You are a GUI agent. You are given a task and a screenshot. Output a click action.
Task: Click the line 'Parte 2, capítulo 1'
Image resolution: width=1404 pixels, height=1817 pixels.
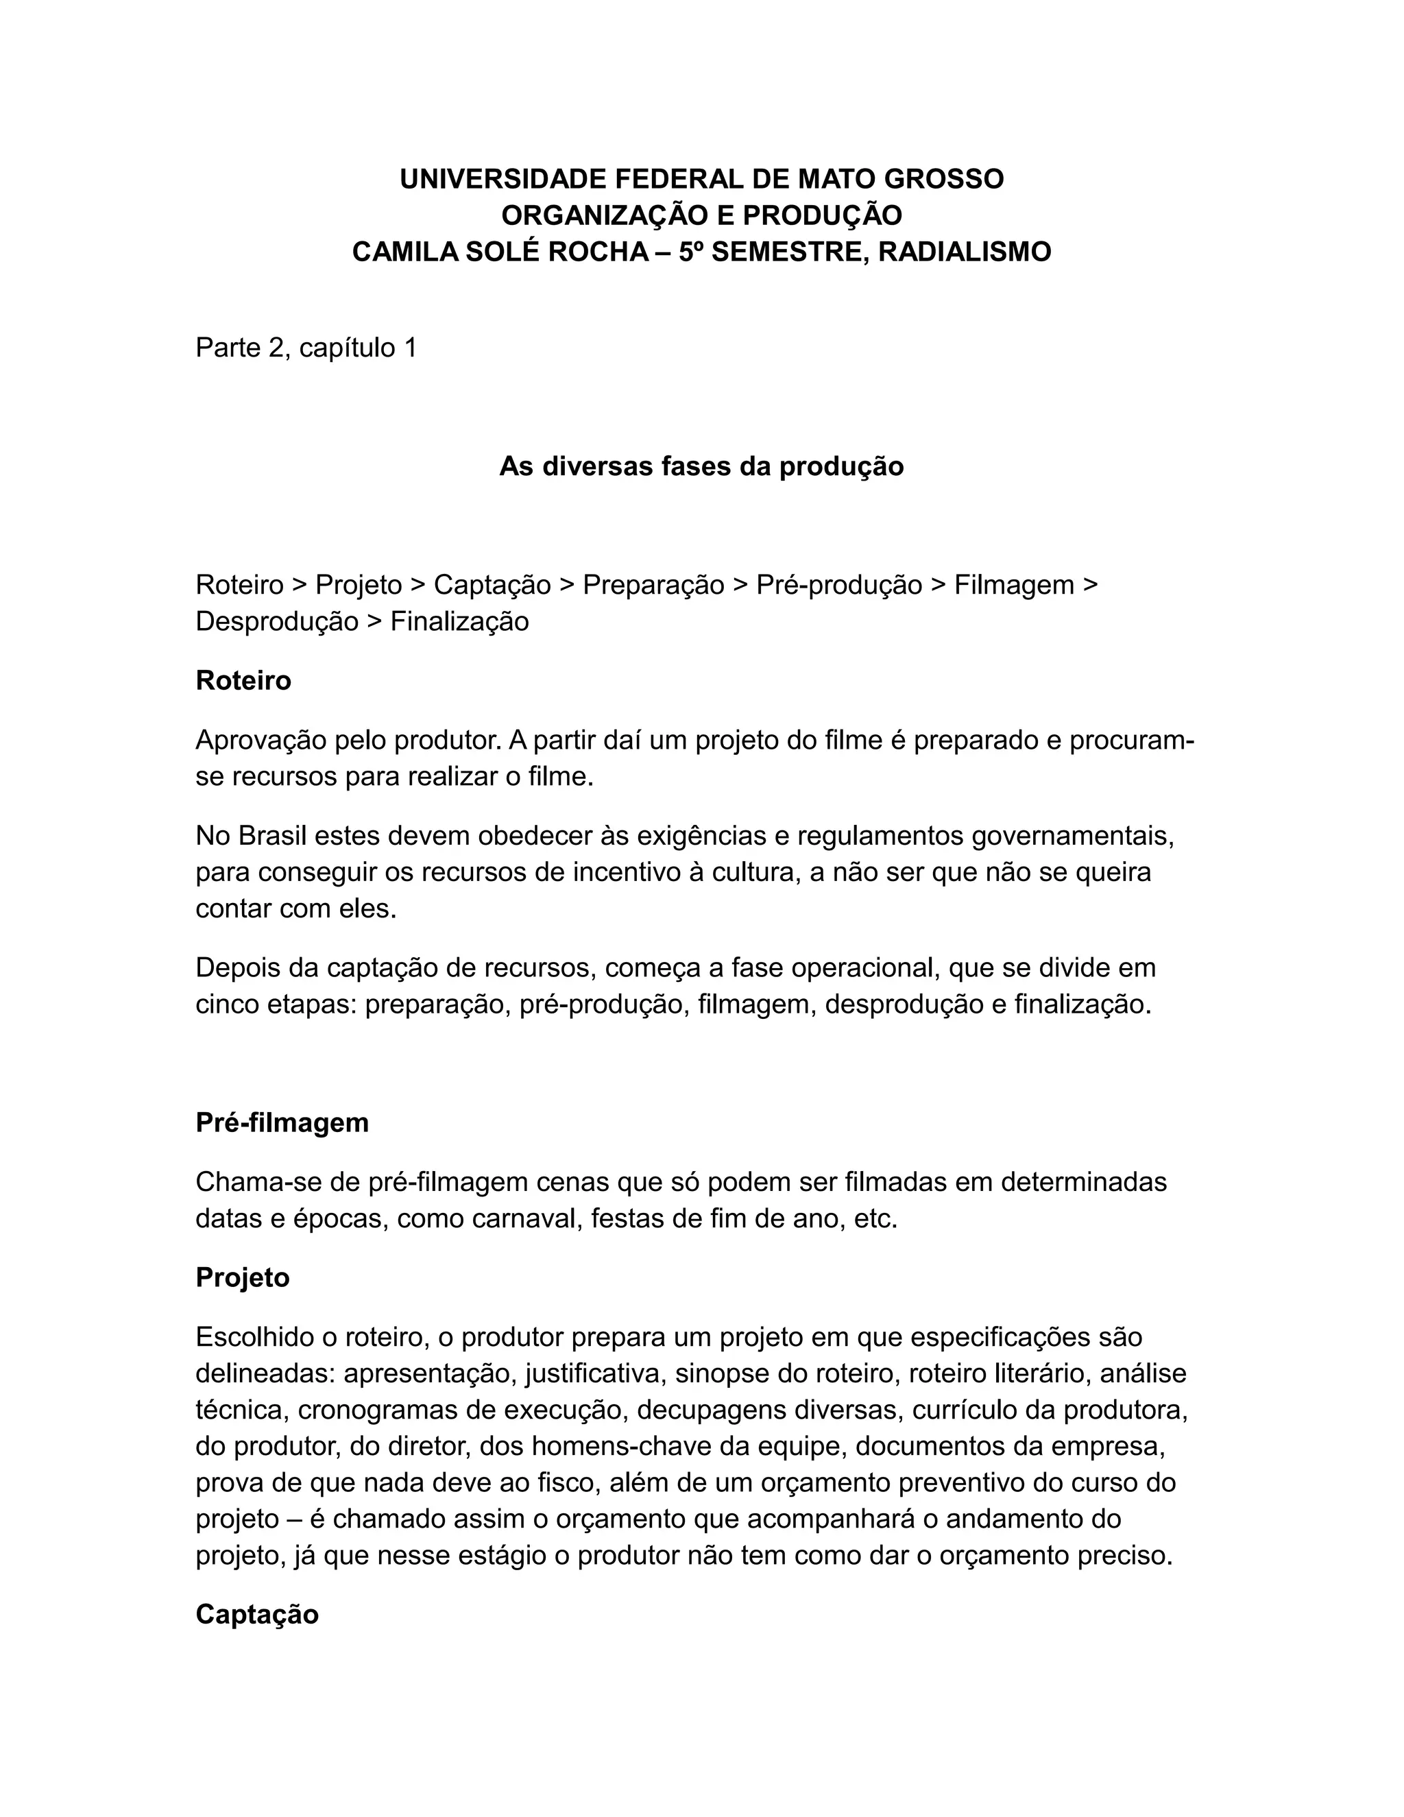click(x=305, y=348)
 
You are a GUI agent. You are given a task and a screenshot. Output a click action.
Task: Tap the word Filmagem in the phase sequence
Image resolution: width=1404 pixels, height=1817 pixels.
click(x=1013, y=585)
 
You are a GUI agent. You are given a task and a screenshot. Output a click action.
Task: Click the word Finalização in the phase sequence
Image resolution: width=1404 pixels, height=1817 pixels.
click(x=459, y=621)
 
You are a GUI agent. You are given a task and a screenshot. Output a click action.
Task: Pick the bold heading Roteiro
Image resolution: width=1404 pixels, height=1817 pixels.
click(x=243, y=681)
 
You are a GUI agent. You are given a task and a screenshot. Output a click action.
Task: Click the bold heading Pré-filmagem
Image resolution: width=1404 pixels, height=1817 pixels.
click(x=282, y=1122)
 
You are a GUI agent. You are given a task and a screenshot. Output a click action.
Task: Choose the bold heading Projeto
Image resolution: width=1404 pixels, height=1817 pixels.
click(x=242, y=1277)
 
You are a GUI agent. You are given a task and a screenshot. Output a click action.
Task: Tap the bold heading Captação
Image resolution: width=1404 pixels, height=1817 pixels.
click(x=257, y=1614)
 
